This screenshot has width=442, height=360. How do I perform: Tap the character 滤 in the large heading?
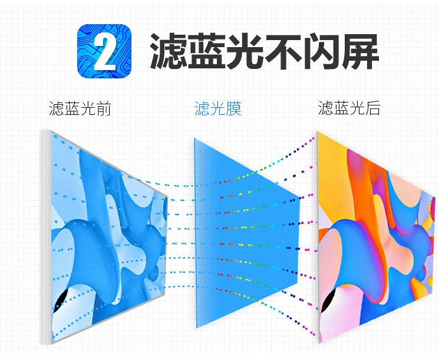[171, 51]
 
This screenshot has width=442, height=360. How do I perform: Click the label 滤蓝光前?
[80, 109]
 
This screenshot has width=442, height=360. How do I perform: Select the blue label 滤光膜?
[218, 109]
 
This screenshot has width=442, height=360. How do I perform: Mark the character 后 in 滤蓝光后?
[372, 109]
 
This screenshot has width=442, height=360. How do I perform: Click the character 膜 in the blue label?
[234, 109]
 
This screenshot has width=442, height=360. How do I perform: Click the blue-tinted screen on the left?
[106, 236]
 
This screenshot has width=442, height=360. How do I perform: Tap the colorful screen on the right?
[377, 236]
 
